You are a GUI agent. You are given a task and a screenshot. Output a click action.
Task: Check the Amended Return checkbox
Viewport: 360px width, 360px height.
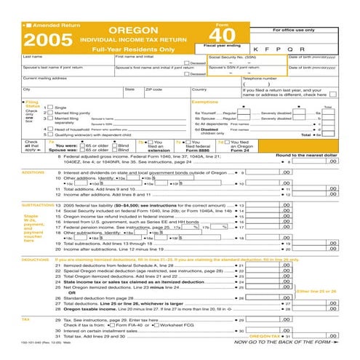tap(27, 25)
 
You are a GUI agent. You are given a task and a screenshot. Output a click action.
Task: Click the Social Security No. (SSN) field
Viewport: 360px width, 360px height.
tap(246, 62)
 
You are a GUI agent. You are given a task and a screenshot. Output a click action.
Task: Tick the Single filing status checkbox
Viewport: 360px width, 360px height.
tap(49, 108)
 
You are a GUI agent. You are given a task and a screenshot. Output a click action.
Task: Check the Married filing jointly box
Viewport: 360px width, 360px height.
tap(49, 113)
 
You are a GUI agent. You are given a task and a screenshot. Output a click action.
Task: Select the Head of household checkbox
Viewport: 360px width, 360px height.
tap(49, 129)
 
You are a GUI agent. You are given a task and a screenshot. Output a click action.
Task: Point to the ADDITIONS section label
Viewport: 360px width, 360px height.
tap(33, 172)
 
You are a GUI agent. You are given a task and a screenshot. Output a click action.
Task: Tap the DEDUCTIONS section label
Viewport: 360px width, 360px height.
tap(36, 259)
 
